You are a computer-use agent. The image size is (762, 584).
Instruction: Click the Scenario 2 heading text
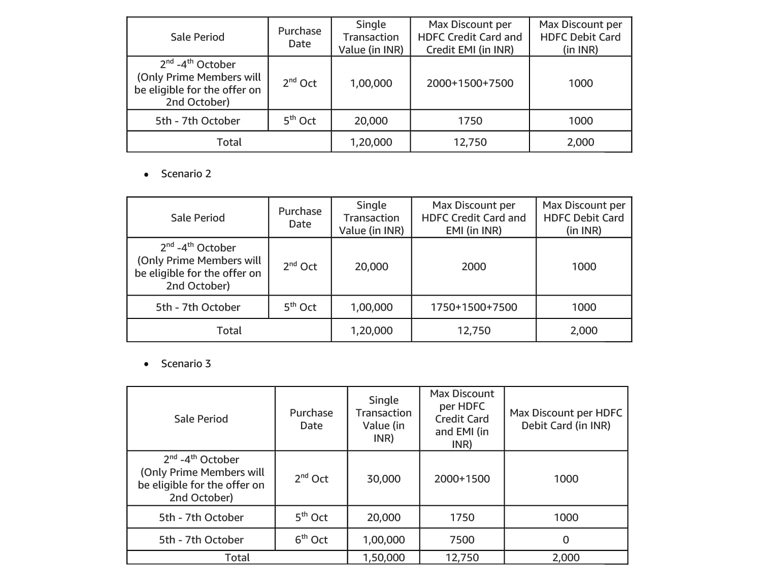(x=186, y=174)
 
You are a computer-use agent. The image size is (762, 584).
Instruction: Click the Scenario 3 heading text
(x=186, y=364)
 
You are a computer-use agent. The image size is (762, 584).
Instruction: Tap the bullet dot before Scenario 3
(x=146, y=364)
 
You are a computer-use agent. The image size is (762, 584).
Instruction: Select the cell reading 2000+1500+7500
(x=470, y=83)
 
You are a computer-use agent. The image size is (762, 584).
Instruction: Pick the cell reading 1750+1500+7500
(x=474, y=307)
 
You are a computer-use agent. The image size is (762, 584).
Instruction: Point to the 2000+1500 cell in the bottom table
(x=462, y=479)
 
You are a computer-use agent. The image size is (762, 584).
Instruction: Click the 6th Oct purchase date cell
(x=311, y=539)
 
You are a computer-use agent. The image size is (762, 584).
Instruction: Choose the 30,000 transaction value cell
(x=383, y=479)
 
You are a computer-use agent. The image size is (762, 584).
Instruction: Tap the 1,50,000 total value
(x=383, y=558)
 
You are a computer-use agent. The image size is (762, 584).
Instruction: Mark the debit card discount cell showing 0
(x=566, y=540)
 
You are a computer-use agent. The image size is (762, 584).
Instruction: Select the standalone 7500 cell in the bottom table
(x=462, y=540)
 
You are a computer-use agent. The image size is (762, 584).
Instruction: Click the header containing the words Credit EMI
(x=470, y=37)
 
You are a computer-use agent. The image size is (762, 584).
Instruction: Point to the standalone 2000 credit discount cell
(x=474, y=267)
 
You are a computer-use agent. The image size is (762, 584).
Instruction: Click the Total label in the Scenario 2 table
(x=229, y=331)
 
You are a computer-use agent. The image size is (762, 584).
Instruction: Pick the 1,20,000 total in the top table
(x=371, y=142)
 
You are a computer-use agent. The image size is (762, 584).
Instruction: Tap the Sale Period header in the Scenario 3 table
(x=201, y=419)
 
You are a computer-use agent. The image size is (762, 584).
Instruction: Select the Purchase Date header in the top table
(x=300, y=37)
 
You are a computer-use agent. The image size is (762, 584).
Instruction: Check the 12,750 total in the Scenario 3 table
(x=462, y=558)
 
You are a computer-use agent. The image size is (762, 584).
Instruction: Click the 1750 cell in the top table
(x=470, y=121)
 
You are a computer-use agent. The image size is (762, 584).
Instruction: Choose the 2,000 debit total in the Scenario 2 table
(x=584, y=331)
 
